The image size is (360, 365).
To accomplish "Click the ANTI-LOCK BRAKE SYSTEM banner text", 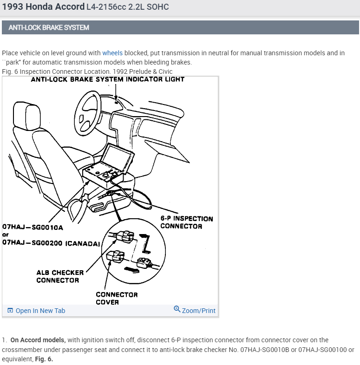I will click(x=49, y=27).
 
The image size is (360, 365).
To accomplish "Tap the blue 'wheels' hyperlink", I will click(x=112, y=53).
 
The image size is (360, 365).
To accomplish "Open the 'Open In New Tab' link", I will click(x=40, y=311).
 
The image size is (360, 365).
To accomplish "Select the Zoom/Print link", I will click(x=198, y=311).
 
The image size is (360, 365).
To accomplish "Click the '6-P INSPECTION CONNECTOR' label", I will click(x=186, y=222).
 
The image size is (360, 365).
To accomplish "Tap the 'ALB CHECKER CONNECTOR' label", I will click(x=60, y=276).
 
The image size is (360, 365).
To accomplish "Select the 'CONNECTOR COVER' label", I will click(x=110, y=298).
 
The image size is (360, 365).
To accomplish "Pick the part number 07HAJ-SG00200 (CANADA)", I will click(x=51, y=242).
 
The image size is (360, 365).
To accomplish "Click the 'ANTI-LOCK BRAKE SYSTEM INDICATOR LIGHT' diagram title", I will click(x=107, y=79).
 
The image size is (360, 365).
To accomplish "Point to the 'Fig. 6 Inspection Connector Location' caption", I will click(x=87, y=72).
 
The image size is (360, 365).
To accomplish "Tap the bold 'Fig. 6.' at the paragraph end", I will click(x=44, y=359).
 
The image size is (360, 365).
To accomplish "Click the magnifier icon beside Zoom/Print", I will click(x=177, y=309).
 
